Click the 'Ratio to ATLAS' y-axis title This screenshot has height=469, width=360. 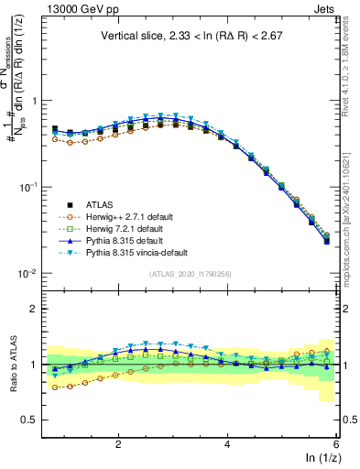pyautogui.click(x=12, y=365)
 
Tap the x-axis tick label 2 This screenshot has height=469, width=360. pyautogui.click(x=118, y=442)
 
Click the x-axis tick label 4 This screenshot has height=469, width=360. pyautogui.click(x=227, y=442)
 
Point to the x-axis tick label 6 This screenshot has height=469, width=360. pyautogui.click(x=336, y=442)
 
